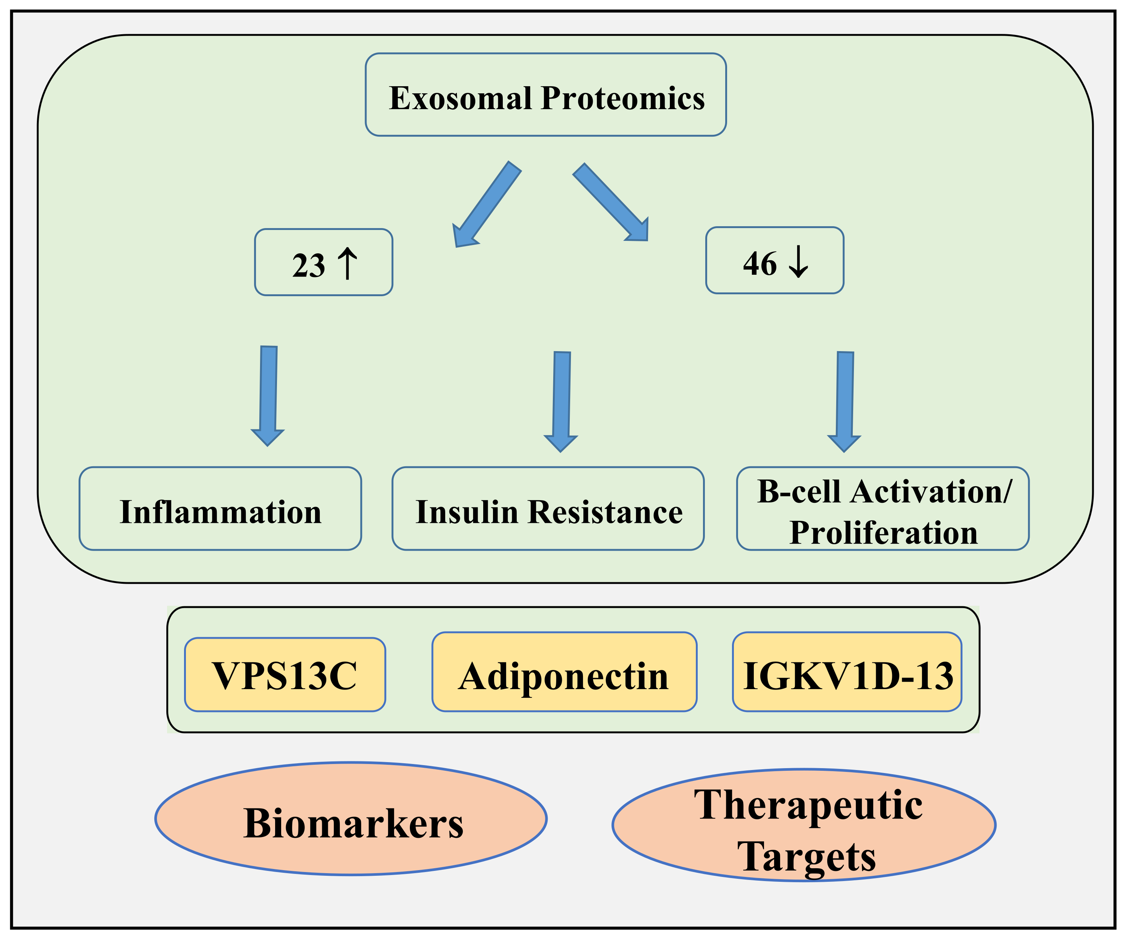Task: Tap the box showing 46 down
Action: coord(775,260)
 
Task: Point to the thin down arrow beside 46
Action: coord(798,262)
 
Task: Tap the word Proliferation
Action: coord(883,533)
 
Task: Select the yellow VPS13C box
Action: coord(285,675)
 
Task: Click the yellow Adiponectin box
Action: coord(564,672)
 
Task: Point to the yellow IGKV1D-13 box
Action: coord(848,672)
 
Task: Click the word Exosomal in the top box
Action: coord(460,98)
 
